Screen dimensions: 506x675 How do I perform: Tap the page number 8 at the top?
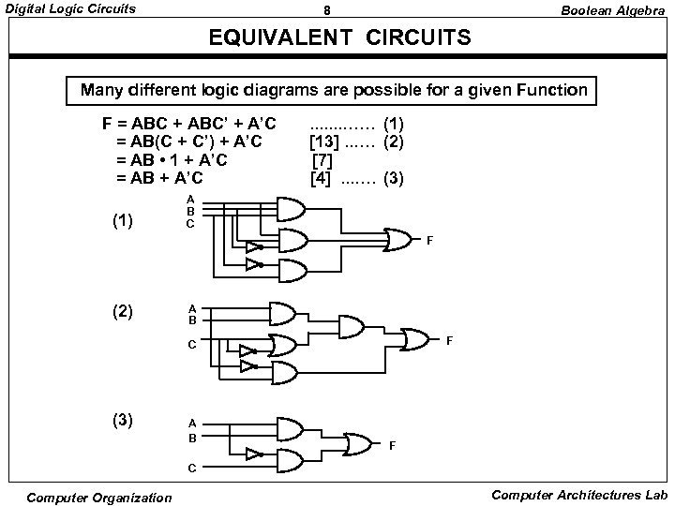point(326,10)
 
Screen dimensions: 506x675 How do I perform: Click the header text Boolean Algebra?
point(613,9)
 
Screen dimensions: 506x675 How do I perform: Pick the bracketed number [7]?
point(322,159)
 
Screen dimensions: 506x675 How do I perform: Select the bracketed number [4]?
point(321,177)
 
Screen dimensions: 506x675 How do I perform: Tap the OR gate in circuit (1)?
point(397,239)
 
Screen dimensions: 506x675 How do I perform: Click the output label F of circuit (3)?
point(393,446)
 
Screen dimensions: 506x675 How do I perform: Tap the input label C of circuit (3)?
point(191,466)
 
